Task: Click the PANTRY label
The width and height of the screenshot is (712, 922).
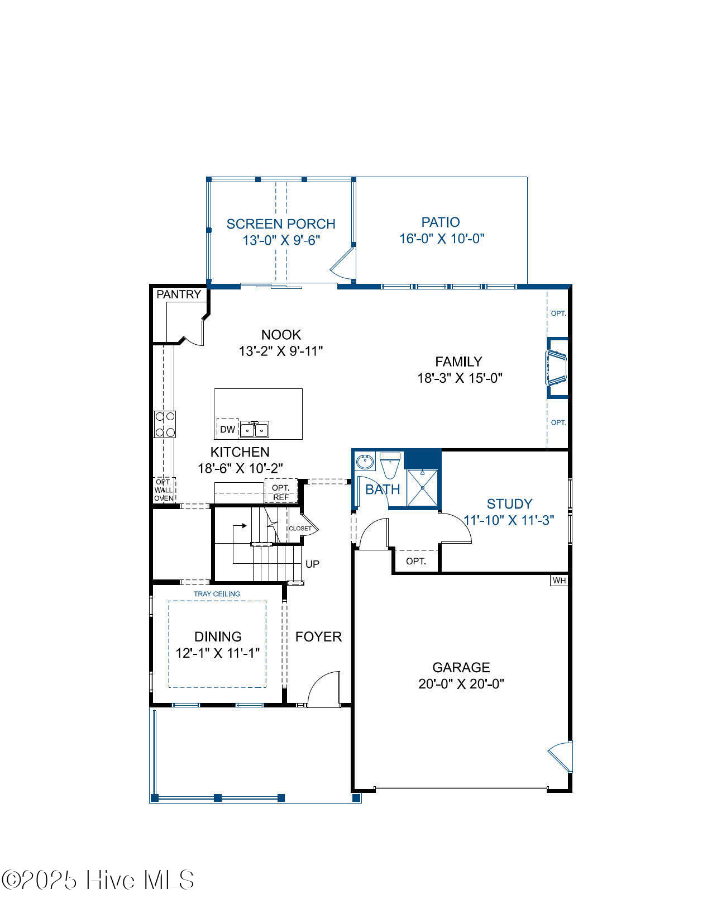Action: tap(179, 294)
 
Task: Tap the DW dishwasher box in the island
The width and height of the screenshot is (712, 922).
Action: tap(227, 429)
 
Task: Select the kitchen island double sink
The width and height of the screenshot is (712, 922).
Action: tap(255, 429)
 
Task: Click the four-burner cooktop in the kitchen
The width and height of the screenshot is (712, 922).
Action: tap(165, 424)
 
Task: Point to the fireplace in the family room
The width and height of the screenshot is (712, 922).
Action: tap(557, 368)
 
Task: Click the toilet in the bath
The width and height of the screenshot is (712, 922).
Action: tap(390, 465)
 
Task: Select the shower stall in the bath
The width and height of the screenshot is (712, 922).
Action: tap(422, 488)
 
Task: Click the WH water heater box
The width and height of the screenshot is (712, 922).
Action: tap(559, 581)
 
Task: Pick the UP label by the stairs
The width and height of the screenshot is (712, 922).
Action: tap(312, 564)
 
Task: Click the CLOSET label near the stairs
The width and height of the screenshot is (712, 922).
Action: tap(300, 528)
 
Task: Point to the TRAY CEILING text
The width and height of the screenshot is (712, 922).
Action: tap(217, 594)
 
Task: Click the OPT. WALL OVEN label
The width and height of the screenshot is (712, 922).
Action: tap(164, 490)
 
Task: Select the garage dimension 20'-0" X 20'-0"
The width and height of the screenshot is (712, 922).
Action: tap(461, 684)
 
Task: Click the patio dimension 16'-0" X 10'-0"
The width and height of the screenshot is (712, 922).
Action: tap(442, 239)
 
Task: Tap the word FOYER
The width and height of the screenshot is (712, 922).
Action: tap(318, 636)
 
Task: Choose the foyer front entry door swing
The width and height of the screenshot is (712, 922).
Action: tap(324, 689)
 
